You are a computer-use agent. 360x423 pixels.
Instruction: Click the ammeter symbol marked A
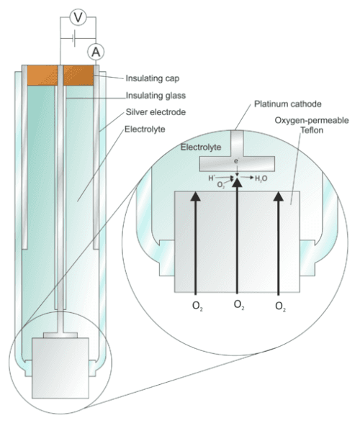coord(95,51)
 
